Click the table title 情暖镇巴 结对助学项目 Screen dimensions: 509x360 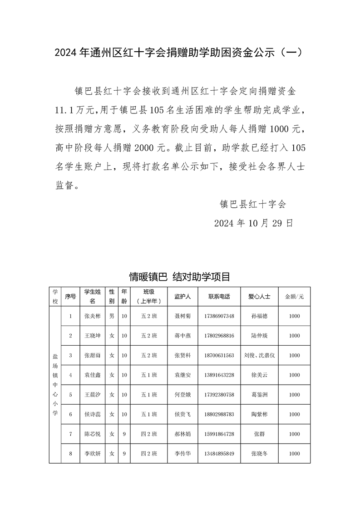click(180, 276)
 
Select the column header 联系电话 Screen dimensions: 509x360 click(219, 296)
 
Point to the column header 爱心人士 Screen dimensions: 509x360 click(259, 296)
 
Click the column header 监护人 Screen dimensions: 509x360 click(182, 296)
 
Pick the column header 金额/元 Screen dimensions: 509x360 click(294, 296)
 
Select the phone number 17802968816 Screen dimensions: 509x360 click(219, 336)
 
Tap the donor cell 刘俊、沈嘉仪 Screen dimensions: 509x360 click(259, 355)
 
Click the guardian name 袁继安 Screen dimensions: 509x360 click(182, 375)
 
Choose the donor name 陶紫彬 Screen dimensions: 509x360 click(259, 414)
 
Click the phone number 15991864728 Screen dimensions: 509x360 click(219, 434)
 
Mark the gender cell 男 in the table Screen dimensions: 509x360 click(112, 316)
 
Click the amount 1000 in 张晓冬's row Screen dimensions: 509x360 click(294, 453)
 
